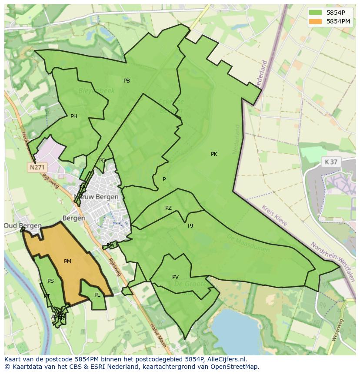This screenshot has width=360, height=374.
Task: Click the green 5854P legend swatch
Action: pyautogui.click(x=316, y=13)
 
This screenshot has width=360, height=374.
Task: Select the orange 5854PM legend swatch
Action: pyautogui.click(x=316, y=21)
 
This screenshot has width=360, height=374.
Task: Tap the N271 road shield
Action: pyautogui.click(x=37, y=167)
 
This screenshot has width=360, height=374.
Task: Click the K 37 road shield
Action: pyautogui.click(x=331, y=162)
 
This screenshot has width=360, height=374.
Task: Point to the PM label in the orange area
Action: pyautogui.click(x=67, y=261)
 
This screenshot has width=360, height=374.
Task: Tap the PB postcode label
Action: pyautogui.click(x=127, y=81)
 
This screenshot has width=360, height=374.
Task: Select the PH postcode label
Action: pyautogui.click(x=74, y=116)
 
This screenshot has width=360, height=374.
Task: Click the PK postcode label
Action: pyautogui.click(x=214, y=154)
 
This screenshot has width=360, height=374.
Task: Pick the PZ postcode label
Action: pyautogui.click(x=168, y=209)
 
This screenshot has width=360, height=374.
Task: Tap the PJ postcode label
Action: pyautogui.click(x=190, y=226)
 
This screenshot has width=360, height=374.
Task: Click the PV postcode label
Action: pyautogui.click(x=175, y=277)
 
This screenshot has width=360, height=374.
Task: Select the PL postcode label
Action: pyautogui.click(x=97, y=295)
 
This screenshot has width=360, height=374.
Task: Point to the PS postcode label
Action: pyautogui.click(x=51, y=281)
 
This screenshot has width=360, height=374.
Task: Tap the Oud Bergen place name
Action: pyautogui.click(x=23, y=226)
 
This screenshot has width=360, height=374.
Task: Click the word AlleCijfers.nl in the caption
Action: pyautogui.click(x=226, y=359)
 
